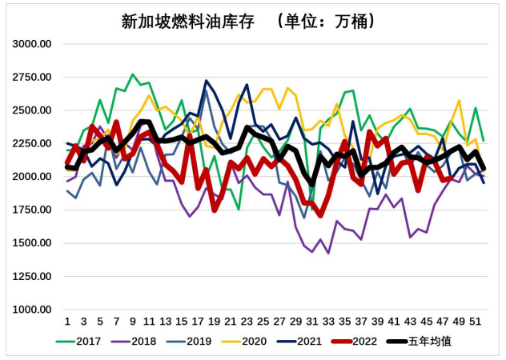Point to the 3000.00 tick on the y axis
(x=33, y=44)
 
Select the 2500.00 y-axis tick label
(x=33, y=110)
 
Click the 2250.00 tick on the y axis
(x=33, y=144)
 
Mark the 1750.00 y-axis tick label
(x=33, y=210)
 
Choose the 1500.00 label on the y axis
(x=33, y=243)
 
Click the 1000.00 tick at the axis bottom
(x=33, y=310)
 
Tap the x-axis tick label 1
(x=67, y=322)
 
